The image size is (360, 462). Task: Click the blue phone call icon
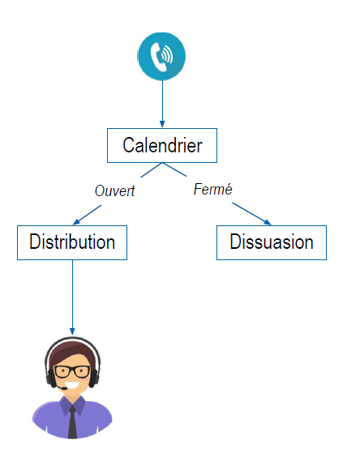161,56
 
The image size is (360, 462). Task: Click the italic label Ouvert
114,190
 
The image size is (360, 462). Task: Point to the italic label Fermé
212,189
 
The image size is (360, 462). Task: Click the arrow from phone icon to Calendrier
162,104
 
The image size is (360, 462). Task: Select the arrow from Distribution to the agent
72,297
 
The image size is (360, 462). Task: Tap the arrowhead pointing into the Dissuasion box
268,222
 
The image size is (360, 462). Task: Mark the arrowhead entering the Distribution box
76,222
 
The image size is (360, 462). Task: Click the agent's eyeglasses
72,371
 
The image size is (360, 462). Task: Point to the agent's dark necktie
72,422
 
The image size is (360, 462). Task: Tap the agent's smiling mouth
72,385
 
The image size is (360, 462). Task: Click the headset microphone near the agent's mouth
62,388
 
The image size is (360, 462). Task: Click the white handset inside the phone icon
157,57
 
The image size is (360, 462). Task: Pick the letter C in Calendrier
128,145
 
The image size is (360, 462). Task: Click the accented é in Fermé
228,189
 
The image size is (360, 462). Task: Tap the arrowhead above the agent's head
72,332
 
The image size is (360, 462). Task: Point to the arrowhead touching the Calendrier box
162,124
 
